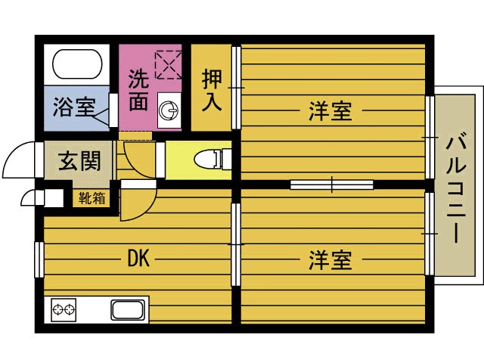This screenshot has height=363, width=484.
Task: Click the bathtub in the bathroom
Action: (x=76, y=67)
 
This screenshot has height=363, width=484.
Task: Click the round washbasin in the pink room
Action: (x=169, y=112)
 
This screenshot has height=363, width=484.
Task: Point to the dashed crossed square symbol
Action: (x=169, y=64)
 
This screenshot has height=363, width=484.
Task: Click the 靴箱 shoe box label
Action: (x=91, y=198)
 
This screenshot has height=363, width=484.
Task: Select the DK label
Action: (x=138, y=259)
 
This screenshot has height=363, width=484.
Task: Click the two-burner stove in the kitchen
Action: (x=64, y=309)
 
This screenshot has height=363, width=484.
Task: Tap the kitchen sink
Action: (x=128, y=309)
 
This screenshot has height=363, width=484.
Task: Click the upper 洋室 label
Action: (x=330, y=111)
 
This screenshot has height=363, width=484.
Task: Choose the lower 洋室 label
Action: (x=330, y=261)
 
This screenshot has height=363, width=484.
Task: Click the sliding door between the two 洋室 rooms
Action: (x=332, y=184)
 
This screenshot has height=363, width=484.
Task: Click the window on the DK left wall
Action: (x=38, y=259)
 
